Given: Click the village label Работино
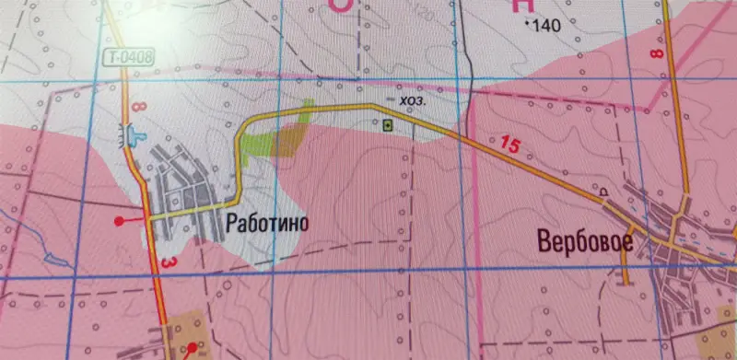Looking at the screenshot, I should click(x=264, y=223).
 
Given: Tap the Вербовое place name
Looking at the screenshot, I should click(x=586, y=242).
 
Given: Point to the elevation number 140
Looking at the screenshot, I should click(x=546, y=25).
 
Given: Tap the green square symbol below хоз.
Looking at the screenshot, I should click(x=388, y=123).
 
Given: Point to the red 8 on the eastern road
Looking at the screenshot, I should click(x=656, y=55).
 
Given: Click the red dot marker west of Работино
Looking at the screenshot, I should click(x=119, y=221).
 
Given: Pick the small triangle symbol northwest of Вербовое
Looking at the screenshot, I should click(x=604, y=192).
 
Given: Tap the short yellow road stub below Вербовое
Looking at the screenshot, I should click(x=627, y=266).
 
